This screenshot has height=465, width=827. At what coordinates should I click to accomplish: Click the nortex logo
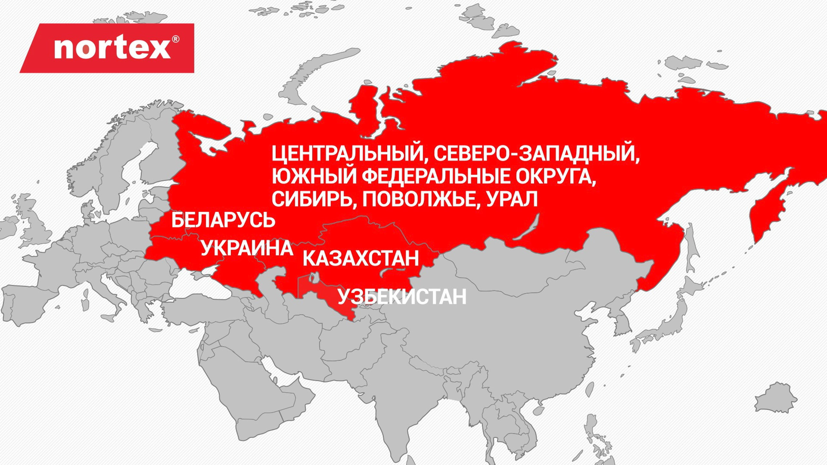tap(112, 48)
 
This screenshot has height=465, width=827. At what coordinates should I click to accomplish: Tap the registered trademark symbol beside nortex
tap(175, 40)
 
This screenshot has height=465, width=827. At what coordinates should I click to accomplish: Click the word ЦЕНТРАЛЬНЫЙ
tap(347, 154)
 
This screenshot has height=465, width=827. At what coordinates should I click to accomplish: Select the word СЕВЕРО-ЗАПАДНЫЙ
tap(536, 154)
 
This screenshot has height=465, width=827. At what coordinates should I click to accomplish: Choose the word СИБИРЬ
tap(314, 199)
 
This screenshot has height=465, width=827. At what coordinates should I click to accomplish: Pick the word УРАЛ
tap(512, 199)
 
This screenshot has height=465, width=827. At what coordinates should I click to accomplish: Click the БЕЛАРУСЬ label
tap(223, 220)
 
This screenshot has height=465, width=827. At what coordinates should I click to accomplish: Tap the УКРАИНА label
tap(247, 248)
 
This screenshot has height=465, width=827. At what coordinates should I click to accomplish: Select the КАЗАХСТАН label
tap(361, 258)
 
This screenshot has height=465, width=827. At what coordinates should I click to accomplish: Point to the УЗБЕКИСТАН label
tap(401, 297)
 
